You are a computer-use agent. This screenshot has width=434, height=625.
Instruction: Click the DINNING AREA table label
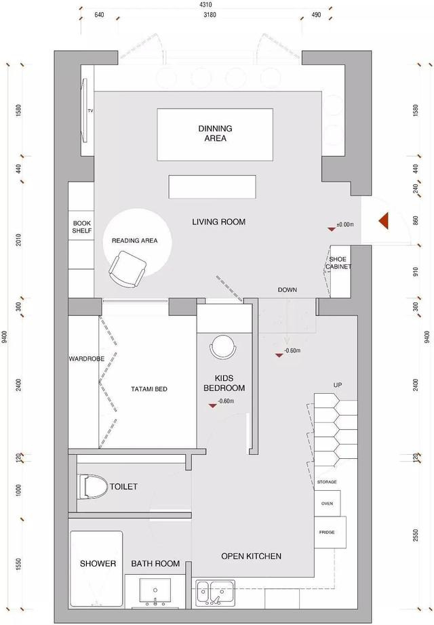coord(215,133)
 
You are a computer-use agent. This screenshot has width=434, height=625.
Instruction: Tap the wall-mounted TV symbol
coord(85,110)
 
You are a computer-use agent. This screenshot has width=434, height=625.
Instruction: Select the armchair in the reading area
coord(127,269)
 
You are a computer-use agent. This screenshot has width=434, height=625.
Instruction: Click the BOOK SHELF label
coord(82,227)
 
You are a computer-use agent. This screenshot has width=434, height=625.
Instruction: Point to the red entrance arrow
coord(384,221)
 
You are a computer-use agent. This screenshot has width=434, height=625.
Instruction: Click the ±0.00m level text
coord(345,224)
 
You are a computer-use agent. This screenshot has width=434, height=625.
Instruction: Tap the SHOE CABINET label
coord(338,262)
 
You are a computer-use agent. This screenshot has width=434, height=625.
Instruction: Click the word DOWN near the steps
coord(288,289)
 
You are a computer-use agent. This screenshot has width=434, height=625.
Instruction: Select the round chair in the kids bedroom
coord(222,346)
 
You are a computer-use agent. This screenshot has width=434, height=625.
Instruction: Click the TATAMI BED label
coord(149,389)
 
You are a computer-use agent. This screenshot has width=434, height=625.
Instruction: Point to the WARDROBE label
coord(87,359)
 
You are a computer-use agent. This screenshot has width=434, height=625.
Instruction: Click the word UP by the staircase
coord(338,385)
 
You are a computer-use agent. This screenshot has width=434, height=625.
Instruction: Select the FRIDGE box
coord(330,532)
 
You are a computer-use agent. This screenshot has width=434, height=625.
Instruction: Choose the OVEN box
coord(327,504)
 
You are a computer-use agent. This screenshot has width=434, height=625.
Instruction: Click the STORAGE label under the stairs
coord(327,482)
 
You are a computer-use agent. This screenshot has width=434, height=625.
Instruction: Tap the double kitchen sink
coord(215,593)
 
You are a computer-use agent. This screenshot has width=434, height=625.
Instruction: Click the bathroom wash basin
coord(155,592)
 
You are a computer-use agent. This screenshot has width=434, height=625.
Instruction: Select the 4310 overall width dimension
coord(205,5)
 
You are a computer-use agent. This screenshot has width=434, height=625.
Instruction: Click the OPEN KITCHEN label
coord(252,556)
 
